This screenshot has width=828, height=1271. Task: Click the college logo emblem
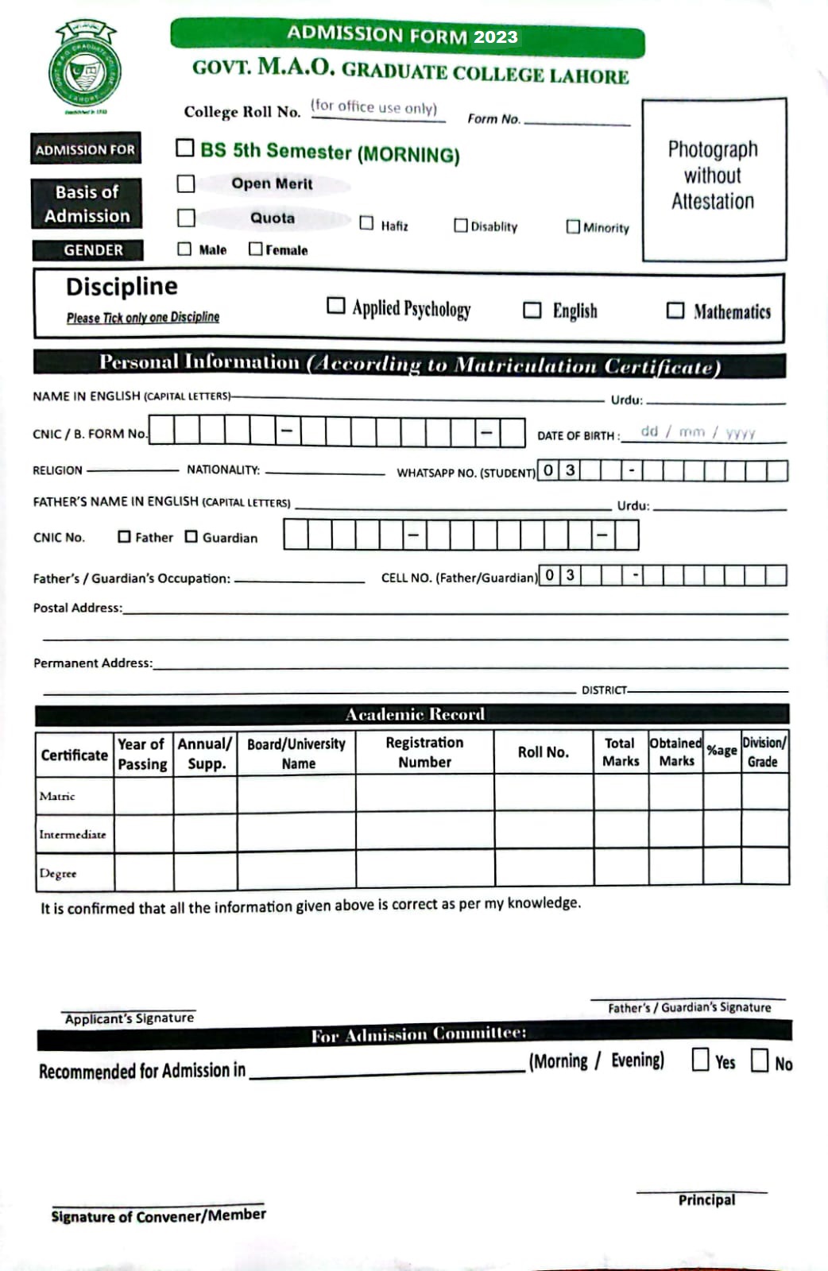(x=85, y=70)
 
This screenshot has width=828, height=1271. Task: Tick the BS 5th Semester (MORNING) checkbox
(x=185, y=148)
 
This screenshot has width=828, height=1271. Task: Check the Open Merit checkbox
(x=186, y=184)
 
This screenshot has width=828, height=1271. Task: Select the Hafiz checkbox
(x=366, y=223)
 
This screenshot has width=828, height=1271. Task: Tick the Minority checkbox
(x=573, y=226)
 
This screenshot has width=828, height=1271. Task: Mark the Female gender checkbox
(x=255, y=249)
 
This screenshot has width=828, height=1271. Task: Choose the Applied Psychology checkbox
(x=336, y=306)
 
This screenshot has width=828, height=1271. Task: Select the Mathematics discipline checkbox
(x=675, y=310)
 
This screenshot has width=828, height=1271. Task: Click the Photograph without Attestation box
(x=714, y=180)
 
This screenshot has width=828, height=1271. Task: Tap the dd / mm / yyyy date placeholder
(x=698, y=432)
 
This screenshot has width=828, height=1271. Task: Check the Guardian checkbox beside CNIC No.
(x=192, y=537)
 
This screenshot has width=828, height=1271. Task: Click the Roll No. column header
(x=544, y=751)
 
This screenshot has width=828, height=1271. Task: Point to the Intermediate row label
(x=72, y=834)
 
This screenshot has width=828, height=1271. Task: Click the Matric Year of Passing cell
(x=143, y=793)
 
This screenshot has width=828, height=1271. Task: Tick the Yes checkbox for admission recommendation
(x=700, y=1060)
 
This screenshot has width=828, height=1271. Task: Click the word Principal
(x=706, y=1200)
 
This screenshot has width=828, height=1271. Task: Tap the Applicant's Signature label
(x=130, y=1018)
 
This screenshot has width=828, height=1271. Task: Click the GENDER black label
(x=93, y=250)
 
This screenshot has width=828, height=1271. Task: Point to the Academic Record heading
(x=415, y=714)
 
